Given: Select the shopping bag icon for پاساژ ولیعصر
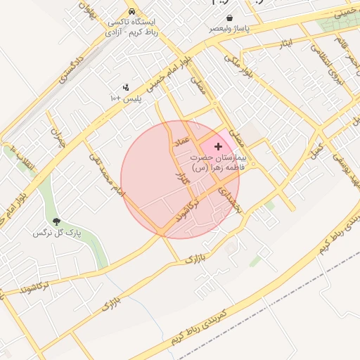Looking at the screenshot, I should pyautogui.click(x=229, y=18).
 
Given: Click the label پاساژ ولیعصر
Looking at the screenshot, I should pyautogui.click(x=229, y=30).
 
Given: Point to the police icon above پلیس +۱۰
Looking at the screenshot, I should pyautogui.click(x=126, y=88).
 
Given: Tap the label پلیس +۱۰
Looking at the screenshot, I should pyautogui.click(x=126, y=99).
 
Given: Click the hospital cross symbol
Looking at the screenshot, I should pyautogui.click(x=218, y=146).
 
